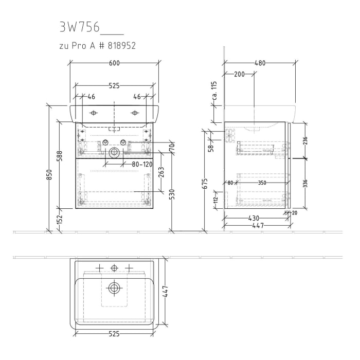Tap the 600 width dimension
pyautogui.click(x=114, y=63)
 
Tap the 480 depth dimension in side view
pyautogui.click(x=260, y=63)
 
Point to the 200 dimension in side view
pyautogui.click(x=239, y=74)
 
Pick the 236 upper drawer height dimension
pyautogui.click(x=305, y=140)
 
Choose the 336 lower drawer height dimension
pyautogui.click(x=305, y=184)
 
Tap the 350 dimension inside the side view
pyautogui.click(x=262, y=182)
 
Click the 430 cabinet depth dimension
pyautogui.click(x=254, y=219)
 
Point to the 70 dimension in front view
pyautogui.click(x=172, y=147)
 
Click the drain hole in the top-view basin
pyautogui.click(x=114, y=287)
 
